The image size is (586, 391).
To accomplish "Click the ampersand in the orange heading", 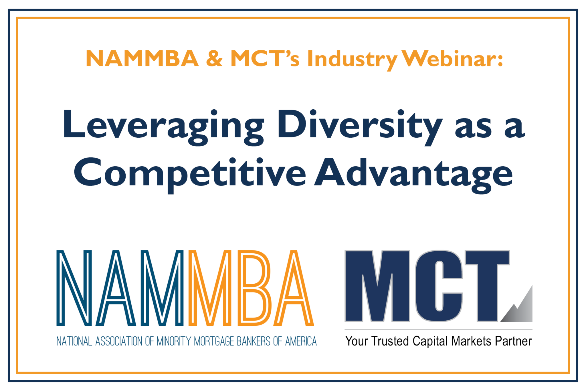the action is pyautogui.click(x=214, y=58).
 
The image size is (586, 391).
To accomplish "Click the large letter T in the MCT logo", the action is pyautogui.click(x=487, y=286).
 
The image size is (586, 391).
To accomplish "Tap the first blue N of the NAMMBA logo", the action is pyautogui.click(x=74, y=288).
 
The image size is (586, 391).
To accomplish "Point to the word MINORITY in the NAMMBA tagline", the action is pyautogui.click(x=174, y=341).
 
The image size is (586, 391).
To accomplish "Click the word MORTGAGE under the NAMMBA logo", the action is pyautogui.click(x=214, y=341).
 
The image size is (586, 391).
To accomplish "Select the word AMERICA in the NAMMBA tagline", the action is pyautogui.click(x=301, y=341).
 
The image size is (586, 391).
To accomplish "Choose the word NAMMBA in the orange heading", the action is pyautogui.click(x=142, y=59).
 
